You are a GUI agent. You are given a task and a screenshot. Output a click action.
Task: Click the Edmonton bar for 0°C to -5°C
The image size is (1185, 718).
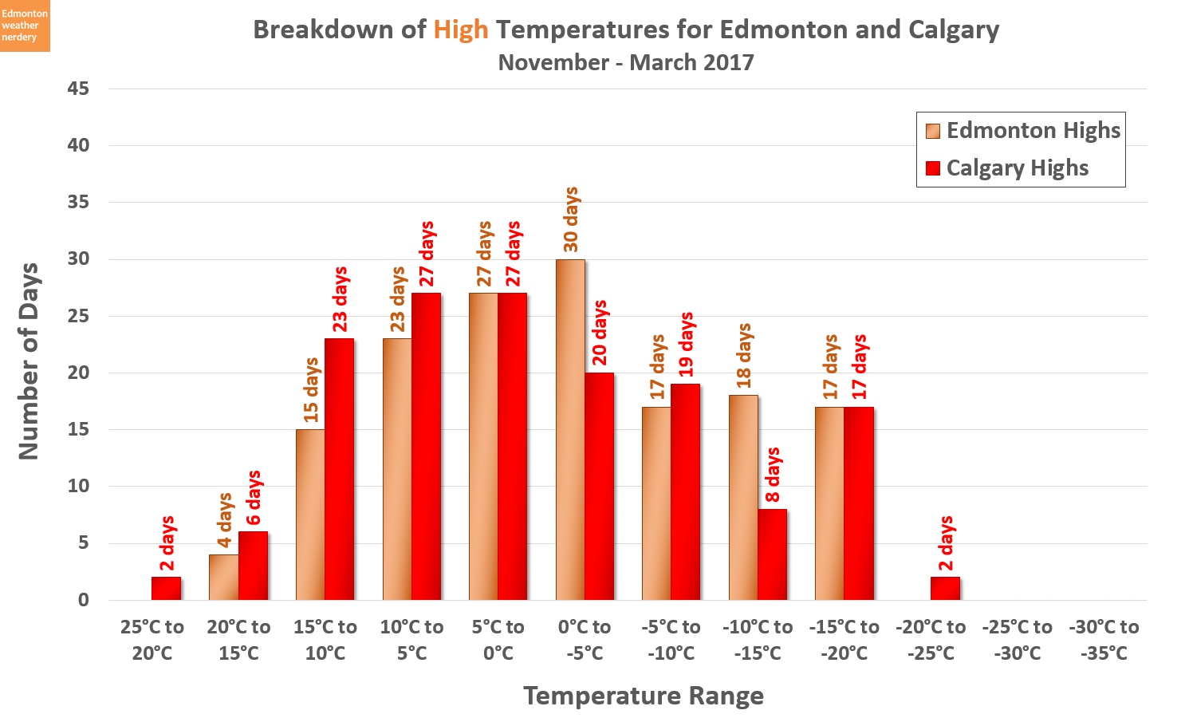pyautogui.click(x=570, y=431)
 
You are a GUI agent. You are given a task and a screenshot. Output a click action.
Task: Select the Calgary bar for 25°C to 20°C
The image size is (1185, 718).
pyautogui.click(x=166, y=589)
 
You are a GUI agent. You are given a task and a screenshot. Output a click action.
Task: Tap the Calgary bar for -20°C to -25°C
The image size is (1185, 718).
pyautogui.click(x=945, y=589)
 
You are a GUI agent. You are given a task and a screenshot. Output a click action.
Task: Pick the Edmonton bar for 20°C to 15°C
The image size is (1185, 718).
pyautogui.click(x=223, y=578)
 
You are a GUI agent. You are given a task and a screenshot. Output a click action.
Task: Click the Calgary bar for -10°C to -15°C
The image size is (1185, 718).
pyautogui.click(x=772, y=555)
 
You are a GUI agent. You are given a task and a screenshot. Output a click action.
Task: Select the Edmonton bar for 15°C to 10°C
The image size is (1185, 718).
pyautogui.click(x=310, y=515)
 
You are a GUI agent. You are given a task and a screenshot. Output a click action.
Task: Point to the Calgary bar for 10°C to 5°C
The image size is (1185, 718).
pyautogui.click(x=426, y=447)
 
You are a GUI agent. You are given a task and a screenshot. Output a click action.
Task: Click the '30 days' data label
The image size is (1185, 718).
pyautogui.click(x=571, y=219)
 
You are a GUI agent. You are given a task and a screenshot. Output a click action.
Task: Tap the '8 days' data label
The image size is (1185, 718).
pyautogui.click(x=772, y=475)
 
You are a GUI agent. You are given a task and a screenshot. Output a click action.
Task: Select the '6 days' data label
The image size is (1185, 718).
pyautogui.click(x=253, y=498)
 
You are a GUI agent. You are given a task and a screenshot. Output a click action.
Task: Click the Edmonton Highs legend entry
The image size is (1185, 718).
pyautogui.click(x=1023, y=131)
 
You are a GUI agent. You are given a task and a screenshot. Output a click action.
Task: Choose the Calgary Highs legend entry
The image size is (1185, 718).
pyautogui.click(x=1007, y=168)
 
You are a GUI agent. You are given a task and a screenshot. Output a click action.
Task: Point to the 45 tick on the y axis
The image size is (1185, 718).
pyautogui.click(x=78, y=89)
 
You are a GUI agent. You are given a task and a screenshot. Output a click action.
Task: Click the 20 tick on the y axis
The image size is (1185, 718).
pyautogui.click(x=78, y=373)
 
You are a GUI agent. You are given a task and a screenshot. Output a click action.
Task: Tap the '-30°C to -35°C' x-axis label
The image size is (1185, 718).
pyautogui.click(x=1104, y=640)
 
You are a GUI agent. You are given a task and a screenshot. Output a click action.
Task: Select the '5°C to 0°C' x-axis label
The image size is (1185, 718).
pyautogui.click(x=498, y=640)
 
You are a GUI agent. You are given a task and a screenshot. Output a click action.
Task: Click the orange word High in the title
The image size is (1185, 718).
pyautogui.click(x=460, y=30)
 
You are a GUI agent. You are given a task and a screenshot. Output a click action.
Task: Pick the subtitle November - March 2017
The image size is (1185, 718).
pyautogui.click(x=626, y=62)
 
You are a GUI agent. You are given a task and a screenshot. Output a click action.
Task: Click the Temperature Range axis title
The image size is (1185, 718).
pyautogui.click(x=644, y=696)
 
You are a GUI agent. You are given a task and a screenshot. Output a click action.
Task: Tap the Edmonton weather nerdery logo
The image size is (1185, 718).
pyautogui.click(x=25, y=26)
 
